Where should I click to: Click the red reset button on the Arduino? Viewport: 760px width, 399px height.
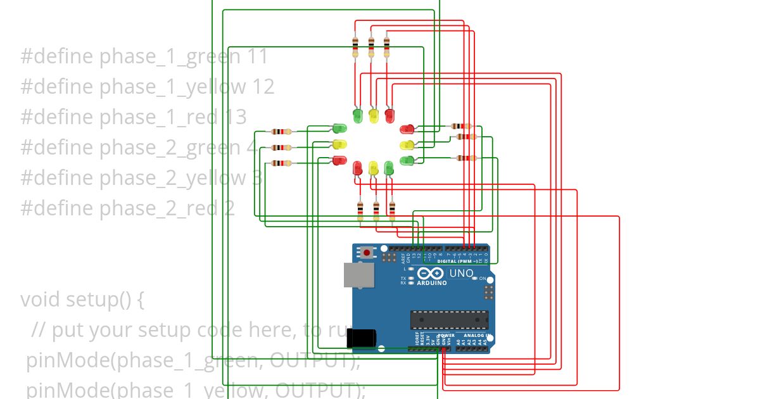367,253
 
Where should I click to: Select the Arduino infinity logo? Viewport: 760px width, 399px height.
431,274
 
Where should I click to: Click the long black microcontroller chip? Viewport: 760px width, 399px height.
450,320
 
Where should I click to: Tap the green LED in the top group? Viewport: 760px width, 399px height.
357,116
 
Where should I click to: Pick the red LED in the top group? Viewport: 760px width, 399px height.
389,116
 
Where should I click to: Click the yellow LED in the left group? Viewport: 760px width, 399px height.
339,144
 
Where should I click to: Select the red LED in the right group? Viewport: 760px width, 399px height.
407,130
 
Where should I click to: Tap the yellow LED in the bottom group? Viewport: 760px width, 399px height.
373,168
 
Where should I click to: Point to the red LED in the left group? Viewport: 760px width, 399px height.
339,160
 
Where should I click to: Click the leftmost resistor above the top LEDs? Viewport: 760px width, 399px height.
355,46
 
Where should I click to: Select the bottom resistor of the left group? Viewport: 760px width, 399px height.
281,163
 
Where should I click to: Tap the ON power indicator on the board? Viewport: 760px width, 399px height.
482,279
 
